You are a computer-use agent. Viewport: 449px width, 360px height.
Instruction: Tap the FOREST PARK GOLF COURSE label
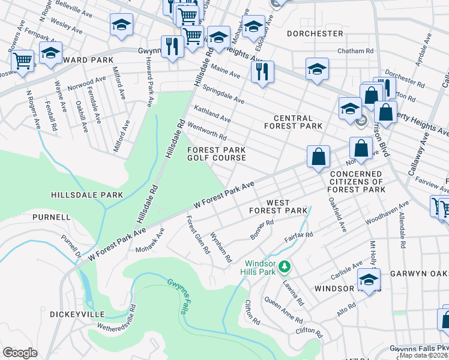[x=217, y=154]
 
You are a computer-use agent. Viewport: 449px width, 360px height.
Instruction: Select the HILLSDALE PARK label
[x=87, y=195]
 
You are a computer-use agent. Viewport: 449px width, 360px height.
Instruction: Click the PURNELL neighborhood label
[x=52, y=217]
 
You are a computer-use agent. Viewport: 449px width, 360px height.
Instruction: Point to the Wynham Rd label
[x=221, y=248]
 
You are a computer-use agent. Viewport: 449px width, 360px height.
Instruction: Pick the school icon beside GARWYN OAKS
[x=369, y=279]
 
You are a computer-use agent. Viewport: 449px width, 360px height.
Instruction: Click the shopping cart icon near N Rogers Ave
[x=22, y=60]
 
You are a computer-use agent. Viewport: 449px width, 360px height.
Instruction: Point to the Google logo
[x=20, y=353]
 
